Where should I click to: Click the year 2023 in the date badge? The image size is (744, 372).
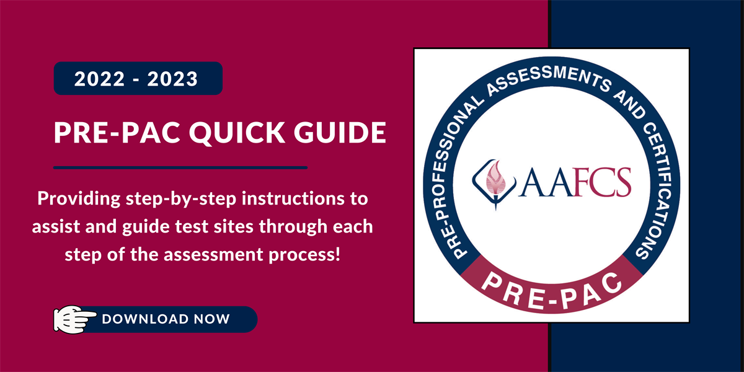coord(177,79)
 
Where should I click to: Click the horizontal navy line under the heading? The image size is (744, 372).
coord(180,167)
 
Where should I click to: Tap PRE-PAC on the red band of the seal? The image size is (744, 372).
coord(551,286)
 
